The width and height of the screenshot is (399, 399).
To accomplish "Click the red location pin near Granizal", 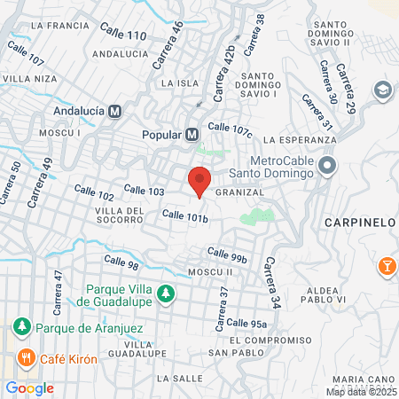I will click(x=199, y=180).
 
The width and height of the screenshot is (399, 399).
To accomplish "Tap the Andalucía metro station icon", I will click(x=114, y=112).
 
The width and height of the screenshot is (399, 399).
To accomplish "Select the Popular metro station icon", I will click(x=192, y=135).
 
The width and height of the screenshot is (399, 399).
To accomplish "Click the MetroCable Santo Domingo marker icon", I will click(x=327, y=166).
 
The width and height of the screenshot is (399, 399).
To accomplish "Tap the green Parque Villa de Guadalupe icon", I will click(x=164, y=293).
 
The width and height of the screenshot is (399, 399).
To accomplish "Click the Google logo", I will click(x=29, y=387).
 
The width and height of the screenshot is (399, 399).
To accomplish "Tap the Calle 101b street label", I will click(x=184, y=215).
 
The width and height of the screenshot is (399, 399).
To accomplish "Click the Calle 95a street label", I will click(x=246, y=324).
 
